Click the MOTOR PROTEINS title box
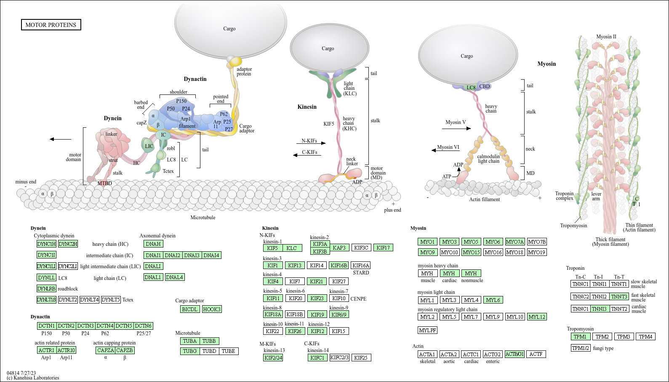[51, 25]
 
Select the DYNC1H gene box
[46, 244]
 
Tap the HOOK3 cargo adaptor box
[211, 309]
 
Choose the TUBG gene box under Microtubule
[190, 351]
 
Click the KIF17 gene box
[383, 247]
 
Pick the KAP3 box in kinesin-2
[339, 247]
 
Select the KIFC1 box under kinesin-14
[317, 358]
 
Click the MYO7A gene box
[515, 242]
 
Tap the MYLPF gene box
[428, 330]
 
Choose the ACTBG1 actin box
[514, 354]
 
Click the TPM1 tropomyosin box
[580, 336]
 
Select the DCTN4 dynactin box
[105, 326]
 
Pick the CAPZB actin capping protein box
[125, 350]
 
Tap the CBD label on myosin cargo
[485, 86]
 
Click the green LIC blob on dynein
[149, 146]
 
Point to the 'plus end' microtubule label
[392, 210]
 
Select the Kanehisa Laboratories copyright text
[33, 378]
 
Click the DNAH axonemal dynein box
[153, 244]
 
